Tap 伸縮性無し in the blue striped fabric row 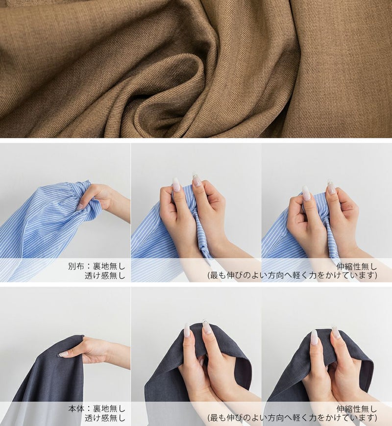[x=357, y=266]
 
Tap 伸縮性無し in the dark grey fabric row [x=357, y=409]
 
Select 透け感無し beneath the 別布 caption [x=105, y=276]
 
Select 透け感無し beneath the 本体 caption [x=105, y=418]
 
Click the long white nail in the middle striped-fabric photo [x=176, y=185]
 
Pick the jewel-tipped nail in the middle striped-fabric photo [x=196, y=179]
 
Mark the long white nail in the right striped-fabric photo [x=306, y=193]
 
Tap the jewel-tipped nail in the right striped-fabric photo [x=331, y=187]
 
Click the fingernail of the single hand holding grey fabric [x=63, y=354]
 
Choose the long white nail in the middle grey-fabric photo [x=187, y=330]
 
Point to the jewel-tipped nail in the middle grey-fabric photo [x=207, y=326]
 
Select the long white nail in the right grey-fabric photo [x=314, y=337]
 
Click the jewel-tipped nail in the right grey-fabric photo [x=335, y=332]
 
